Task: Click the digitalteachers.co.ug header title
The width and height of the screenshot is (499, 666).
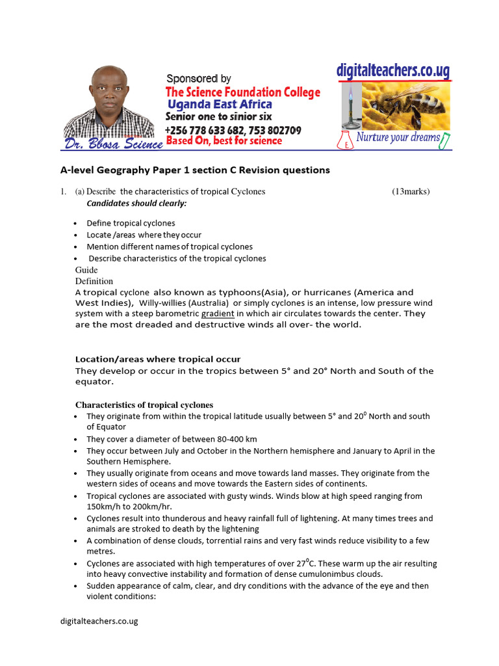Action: [x=393, y=71]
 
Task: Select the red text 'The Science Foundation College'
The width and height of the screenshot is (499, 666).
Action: [x=242, y=92]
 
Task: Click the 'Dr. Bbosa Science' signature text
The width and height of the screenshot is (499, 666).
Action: [x=113, y=144]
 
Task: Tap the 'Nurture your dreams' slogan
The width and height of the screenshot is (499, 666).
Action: [x=398, y=137]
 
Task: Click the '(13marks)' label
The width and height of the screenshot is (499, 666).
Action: [x=411, y=191]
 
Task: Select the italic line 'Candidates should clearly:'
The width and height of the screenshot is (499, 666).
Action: [x=136, y=203]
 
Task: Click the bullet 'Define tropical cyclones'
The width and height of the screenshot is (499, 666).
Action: [x=131, y=223]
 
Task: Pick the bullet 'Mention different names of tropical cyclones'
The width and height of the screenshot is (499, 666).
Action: [x=170, y=246]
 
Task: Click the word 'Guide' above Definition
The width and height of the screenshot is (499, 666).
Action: [x=86, y=270]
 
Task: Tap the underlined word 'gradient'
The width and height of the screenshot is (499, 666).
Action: [x=218, y=313]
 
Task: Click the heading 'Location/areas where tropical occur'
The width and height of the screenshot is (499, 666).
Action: [x=158, y=359]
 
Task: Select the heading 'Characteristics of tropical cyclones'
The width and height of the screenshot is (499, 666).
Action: [x=144, y=405]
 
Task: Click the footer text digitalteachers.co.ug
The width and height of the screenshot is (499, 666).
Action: [x=96, y=621]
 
